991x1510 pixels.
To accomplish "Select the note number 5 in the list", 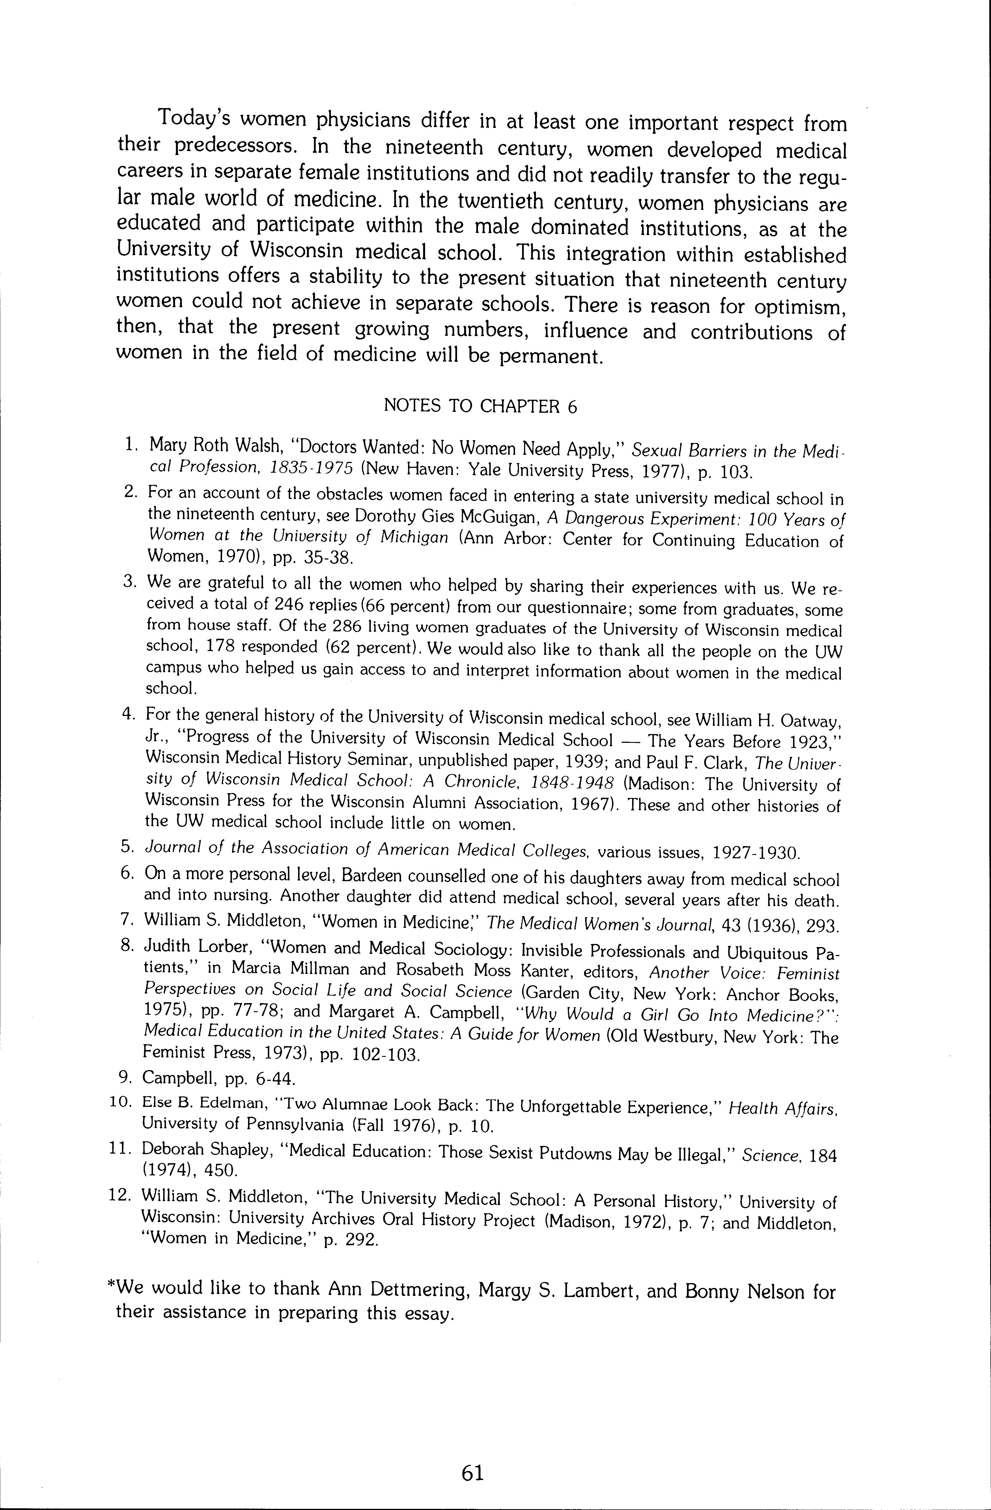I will tap(126, 846).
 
